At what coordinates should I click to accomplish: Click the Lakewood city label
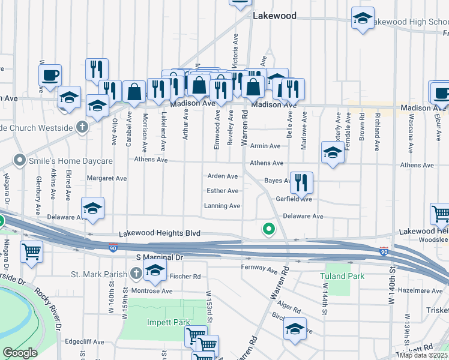click(274, 16)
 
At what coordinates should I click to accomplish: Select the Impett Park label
click(169, 322)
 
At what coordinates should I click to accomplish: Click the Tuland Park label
click(342, 276)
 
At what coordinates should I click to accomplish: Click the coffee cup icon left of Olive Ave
click(51, 75)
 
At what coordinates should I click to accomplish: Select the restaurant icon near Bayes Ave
click(301, 182)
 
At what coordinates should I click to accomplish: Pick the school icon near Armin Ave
click(332, 152)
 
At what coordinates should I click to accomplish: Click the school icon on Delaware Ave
click(93, 208)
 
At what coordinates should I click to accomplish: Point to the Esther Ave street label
click(223, 191)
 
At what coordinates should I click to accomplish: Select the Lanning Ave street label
click(222, 206)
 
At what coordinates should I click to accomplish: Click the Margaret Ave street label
click(107, 178)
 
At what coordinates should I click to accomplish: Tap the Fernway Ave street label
click(261, 266)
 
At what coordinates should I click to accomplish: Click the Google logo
click(19, 353)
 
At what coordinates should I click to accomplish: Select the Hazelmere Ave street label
click(420, 290)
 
